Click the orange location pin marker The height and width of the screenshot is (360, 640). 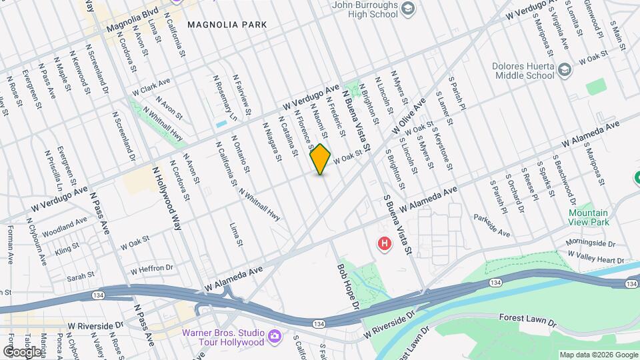point(321,159)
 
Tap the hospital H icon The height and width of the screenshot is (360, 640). point(385,244)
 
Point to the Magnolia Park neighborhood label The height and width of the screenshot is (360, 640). point(227,25)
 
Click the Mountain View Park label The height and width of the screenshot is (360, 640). point(589,217)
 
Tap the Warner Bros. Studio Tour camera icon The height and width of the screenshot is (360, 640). point(274,337)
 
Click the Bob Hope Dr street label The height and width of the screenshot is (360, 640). point(348,289)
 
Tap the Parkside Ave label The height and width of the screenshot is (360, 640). point(492,226)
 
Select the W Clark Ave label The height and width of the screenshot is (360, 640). point(151,87)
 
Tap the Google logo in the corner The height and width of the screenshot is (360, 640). point(21,351)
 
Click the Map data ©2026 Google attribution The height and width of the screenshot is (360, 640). point(598,355)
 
